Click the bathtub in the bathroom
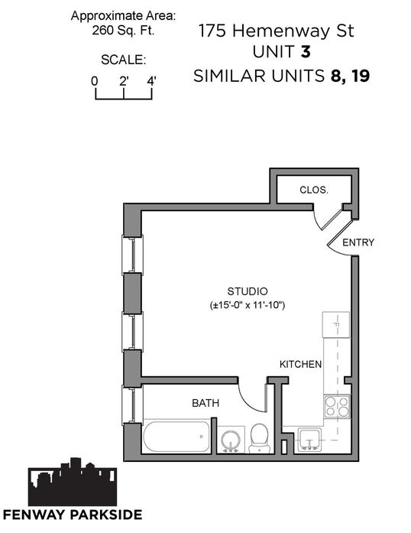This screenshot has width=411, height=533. pos(176,436)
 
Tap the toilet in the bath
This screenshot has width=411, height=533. pos(260,438)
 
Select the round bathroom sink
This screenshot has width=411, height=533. pos(231,440)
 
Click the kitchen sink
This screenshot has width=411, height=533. pos(309,440)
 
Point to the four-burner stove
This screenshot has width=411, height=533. pos(337,407)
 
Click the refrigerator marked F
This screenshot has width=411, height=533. pos(336,325)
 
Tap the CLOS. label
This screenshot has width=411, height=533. pos(314,190)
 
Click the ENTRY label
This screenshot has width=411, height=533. pos(358,242)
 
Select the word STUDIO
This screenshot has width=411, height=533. pos(248,291)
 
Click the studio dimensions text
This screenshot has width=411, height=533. pos(248,305)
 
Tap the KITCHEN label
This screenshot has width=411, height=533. pos(300,364)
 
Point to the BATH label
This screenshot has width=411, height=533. pos(205,403)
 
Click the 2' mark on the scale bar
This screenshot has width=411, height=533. pos(124,93)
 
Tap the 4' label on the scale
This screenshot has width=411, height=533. pos(151,81)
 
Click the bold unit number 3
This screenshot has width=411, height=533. pos(306,52)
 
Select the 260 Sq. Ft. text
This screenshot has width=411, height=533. pos(123,31)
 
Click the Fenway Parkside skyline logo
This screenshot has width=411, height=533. pos(73,482)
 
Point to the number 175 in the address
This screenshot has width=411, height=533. pos(212,31)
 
